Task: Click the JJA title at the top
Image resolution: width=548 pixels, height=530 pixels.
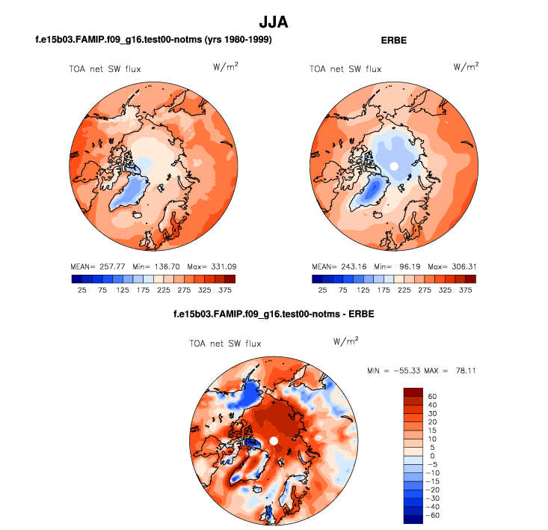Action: click(x=273, y=22)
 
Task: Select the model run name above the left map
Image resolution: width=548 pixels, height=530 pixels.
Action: click(x=153, y=40)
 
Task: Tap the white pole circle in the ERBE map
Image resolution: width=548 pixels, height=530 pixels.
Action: click(x=394, y=165)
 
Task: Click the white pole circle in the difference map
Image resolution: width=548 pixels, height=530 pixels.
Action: click(x=274, y=441)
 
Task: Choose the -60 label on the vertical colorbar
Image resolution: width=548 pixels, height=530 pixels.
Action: click(x=432, y=517)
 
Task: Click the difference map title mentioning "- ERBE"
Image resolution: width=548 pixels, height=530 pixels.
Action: click(x=273, y=314)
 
